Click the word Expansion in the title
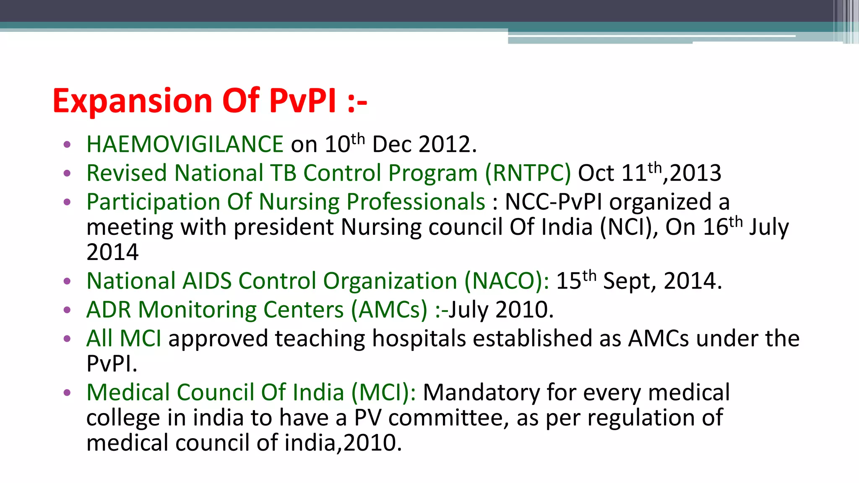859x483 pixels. (133, 101)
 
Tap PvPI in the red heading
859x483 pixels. (303, 101)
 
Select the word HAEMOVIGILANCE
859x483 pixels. (185, 144)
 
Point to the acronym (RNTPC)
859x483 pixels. (528, 173)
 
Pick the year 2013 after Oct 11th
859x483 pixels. (695, 173)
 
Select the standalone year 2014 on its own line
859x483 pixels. (112, 252)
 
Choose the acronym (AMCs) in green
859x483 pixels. (389, 310)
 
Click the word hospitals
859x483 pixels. (419, 338)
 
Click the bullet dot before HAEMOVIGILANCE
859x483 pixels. (67, 145)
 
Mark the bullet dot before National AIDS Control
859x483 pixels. (67, 281)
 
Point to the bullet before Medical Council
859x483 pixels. (67, 393)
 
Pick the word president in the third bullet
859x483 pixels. (284, 227)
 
